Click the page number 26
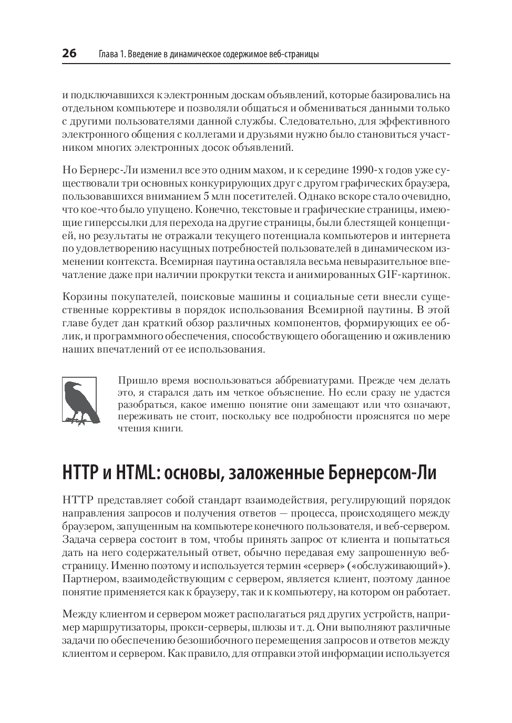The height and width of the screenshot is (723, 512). tap(69, 54)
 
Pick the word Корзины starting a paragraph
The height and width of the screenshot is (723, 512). tap(81, 296)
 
